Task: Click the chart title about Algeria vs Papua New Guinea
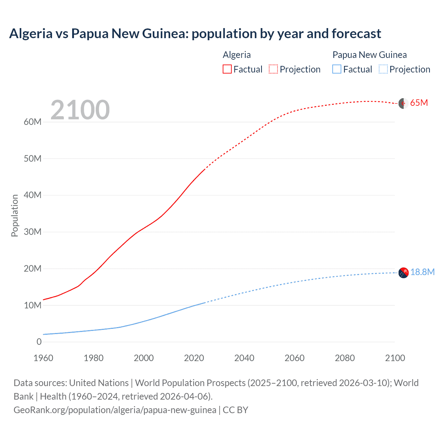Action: point(195,34)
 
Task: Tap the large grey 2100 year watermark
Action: point(80,110)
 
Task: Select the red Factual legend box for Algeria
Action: point(227,69)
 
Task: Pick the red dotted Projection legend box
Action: point(273,69)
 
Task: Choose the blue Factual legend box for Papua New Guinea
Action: point(336,69)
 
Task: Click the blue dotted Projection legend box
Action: point(383,69)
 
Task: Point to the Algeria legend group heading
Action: point(237,55)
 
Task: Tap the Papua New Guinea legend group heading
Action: point(369,55)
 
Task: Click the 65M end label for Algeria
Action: point(419,103)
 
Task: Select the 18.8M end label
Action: point(422,272)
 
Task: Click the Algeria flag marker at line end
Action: point(403,103)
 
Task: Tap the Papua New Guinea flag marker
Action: point(403,273)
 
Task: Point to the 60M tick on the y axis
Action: point(33,122)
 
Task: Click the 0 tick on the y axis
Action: point(39,342)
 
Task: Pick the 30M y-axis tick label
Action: point(33,232)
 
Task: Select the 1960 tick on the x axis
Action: point(43,358)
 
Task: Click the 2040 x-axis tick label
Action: point(244,358)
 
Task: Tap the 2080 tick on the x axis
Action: point(345,358)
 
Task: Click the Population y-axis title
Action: point(15,215)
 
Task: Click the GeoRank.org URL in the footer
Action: point(115,410)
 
